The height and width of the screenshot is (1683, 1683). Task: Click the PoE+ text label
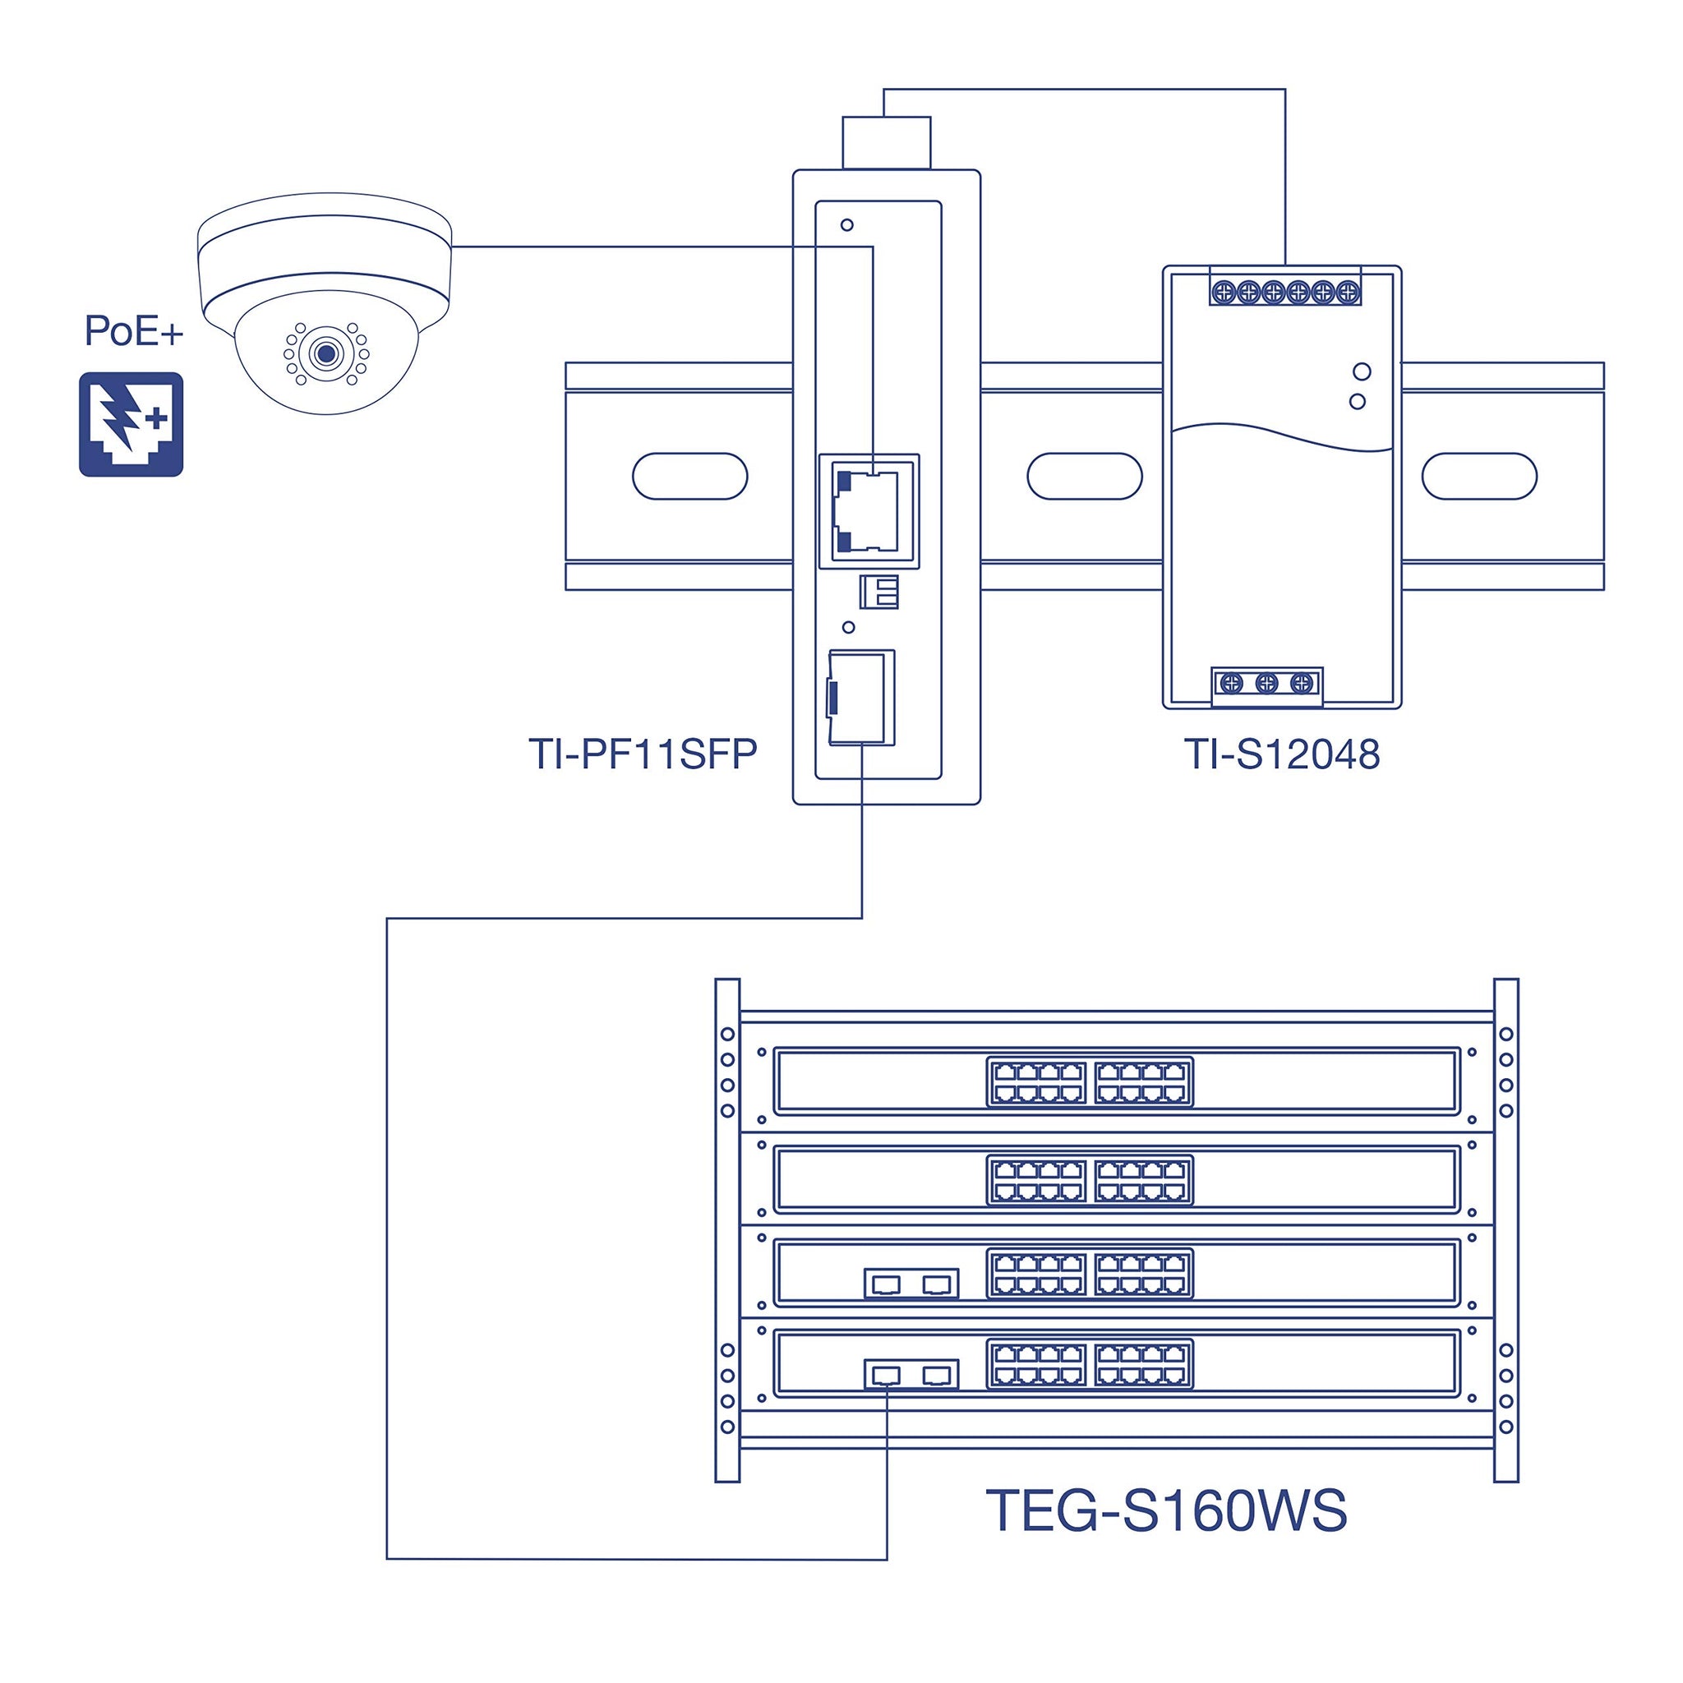pyautogui.click(x=133, y=331)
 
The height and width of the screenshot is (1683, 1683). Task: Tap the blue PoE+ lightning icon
pyautogui.click(x=131, y=424)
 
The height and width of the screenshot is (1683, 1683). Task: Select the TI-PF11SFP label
pyautogui.click(x=643, y=754)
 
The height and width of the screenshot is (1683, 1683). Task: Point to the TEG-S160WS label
pyautogui.click(x=1166, y=1511)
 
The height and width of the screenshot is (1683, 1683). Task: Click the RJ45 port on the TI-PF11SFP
pyautogui.click(x=868, y=511)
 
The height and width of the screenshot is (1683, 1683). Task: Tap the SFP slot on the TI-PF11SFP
pyautogui.click(x=860, y=698)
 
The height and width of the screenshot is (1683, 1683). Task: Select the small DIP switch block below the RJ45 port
pyautogui.click(x=879, y=593)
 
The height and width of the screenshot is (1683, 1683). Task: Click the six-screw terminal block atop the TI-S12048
pyautogui.click(x=1286, y=292)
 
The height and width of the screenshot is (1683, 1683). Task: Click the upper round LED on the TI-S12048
pyautogui.click(x=1363, y=372)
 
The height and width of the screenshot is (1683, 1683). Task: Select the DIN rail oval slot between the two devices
pyautogui.click(x=1085, y=477)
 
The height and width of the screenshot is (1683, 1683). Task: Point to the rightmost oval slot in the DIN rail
pyautogui.click(x=1479, y=477)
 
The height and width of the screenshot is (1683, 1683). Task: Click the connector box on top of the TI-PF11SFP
pyautogui.click(x=887, y=143)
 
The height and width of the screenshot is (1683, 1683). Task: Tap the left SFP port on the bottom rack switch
pyautogui.click(x=886, y=1376)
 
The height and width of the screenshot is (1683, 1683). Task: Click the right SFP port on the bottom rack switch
pyautogui.click(x=938, y=1376)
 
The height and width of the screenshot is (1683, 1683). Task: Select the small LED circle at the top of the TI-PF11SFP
pyautogui.click(x=846, y=224)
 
